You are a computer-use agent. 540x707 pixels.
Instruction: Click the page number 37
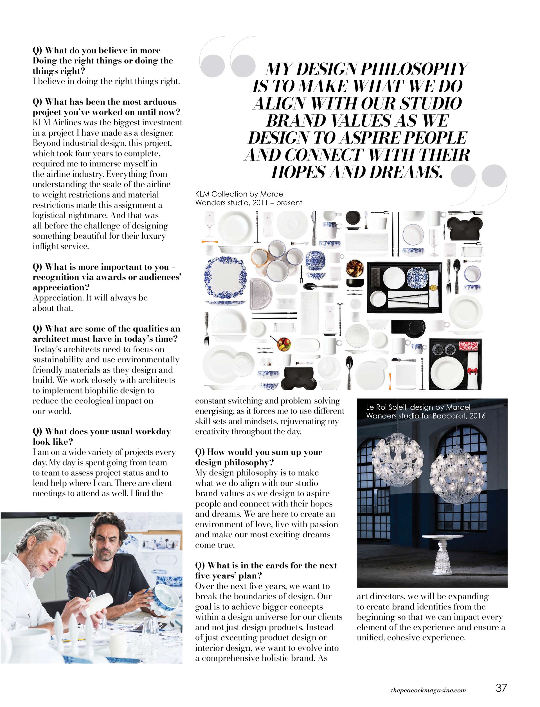501,687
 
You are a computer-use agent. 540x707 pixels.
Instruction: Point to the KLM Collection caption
248,198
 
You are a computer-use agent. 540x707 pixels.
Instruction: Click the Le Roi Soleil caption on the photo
425,411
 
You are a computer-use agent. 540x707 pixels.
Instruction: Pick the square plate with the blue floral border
226,277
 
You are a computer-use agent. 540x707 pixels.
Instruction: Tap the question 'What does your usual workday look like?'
102,437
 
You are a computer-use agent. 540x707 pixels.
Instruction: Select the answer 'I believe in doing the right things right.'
106,81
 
